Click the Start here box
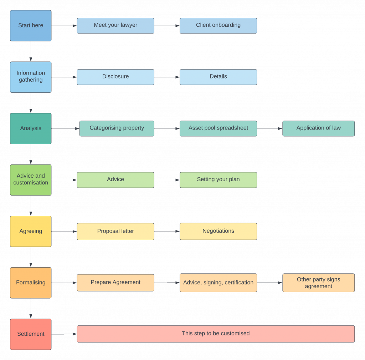tap(31, 26)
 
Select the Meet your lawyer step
tap(115, 26)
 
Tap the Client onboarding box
tap(219, 26)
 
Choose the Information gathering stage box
tap(31, 77)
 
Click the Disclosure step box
tap(115, 77)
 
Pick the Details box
tap(219, 77)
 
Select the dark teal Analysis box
tap(31, 128)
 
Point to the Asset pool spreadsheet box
tap(219, 128)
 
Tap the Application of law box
tap(318, 128)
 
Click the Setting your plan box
tap(219, 180)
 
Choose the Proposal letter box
tap(115, 232)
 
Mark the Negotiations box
tap(219, 232)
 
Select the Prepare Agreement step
tap(115, 283)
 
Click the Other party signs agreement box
tap(318, 283)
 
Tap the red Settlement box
tap(31, 334)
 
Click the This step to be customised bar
tap(216, 334)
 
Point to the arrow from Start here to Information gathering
tap(31, 51)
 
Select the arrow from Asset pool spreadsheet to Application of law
tap(269, 128)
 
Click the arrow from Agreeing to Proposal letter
tap(64, 232)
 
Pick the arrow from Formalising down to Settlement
tap(31, 309)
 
